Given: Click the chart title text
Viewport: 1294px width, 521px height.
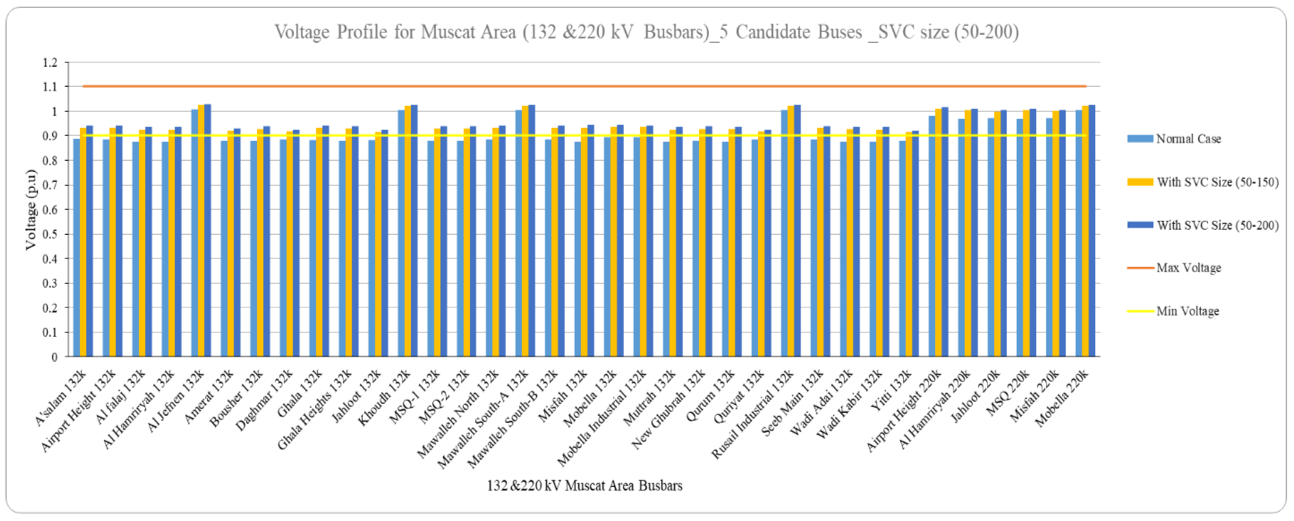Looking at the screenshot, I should click(647, 32).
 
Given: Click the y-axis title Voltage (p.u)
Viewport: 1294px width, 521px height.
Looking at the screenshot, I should click(31, 210).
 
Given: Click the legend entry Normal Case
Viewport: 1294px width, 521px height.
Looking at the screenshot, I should click(1188, 139).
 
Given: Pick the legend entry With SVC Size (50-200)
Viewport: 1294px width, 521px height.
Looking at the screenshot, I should click(1217, 225).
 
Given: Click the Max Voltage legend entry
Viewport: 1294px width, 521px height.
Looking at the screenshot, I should click(1188, 268).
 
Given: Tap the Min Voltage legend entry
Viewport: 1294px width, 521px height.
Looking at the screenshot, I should click(1187, 311).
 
